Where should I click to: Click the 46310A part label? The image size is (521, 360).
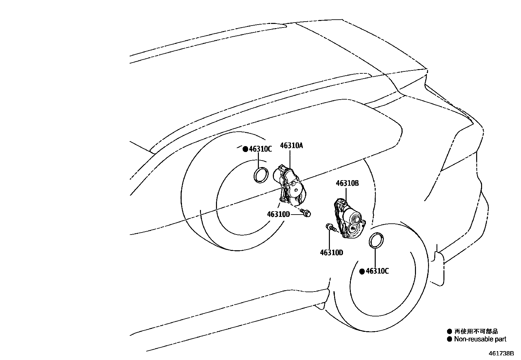coord(291,145)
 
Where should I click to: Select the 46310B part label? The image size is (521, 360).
coord(347,183)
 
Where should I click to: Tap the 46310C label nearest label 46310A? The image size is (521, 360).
coord(260,149)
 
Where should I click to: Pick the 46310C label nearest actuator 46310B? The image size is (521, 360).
coord(377,271)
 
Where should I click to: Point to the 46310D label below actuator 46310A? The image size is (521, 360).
coord(278,214)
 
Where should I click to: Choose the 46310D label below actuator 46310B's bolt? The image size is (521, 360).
coord(332,253)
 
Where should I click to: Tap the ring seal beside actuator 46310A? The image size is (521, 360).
coord(261,174)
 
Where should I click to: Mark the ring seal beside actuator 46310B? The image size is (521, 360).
coord(376,240)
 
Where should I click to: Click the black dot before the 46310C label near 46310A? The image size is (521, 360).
coord(245,149)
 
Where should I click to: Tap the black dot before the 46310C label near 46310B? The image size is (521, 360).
coord(362,271)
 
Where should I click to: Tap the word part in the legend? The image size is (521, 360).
coord(501,339)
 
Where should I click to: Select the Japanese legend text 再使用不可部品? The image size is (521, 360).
coord(476,332)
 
